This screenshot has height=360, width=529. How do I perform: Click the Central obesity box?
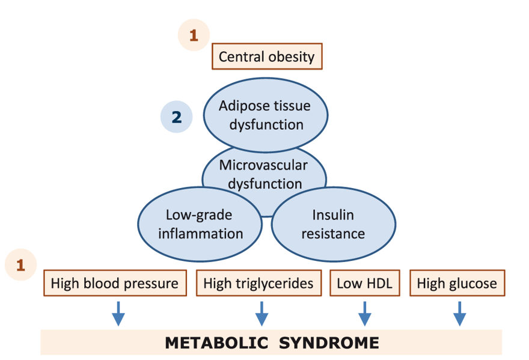click(x=267, y=57)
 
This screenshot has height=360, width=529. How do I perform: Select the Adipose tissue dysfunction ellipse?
click(x=266, y=115)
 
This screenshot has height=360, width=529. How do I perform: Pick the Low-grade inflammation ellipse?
click(x=200, y=224)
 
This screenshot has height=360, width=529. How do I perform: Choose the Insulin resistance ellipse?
click(x=333, y=224)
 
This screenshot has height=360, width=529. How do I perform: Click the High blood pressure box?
click(x=114, y=282)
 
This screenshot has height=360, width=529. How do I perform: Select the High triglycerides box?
click(x=258, y=282)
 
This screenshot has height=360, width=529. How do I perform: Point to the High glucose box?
click(x=457, y=282)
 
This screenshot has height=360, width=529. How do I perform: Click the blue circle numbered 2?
click(x=176, y=117)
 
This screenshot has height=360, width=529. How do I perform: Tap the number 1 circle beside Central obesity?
click(x=193, y=35)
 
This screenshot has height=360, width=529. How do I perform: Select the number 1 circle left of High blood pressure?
click(x=20, y=265)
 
